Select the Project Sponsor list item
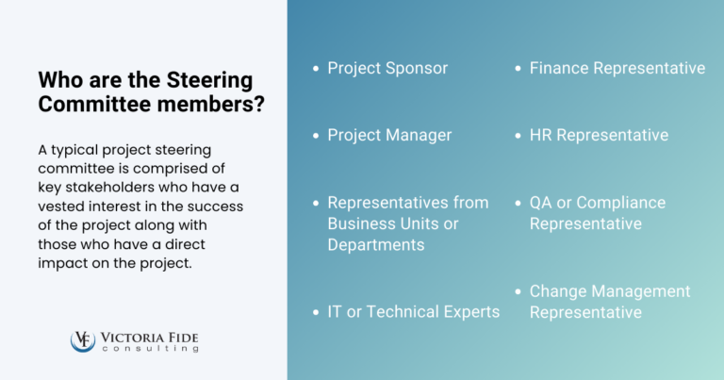pos(387,68)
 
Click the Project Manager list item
pos(389,135)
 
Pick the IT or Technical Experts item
pos(413,311)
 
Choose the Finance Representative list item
pos(617,68)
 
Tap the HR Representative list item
pos(599,135)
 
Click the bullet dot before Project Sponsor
pos(315,69)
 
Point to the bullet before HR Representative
pos(518,136)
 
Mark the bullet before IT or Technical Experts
pos(315,312)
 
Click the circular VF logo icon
pos(82,340)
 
